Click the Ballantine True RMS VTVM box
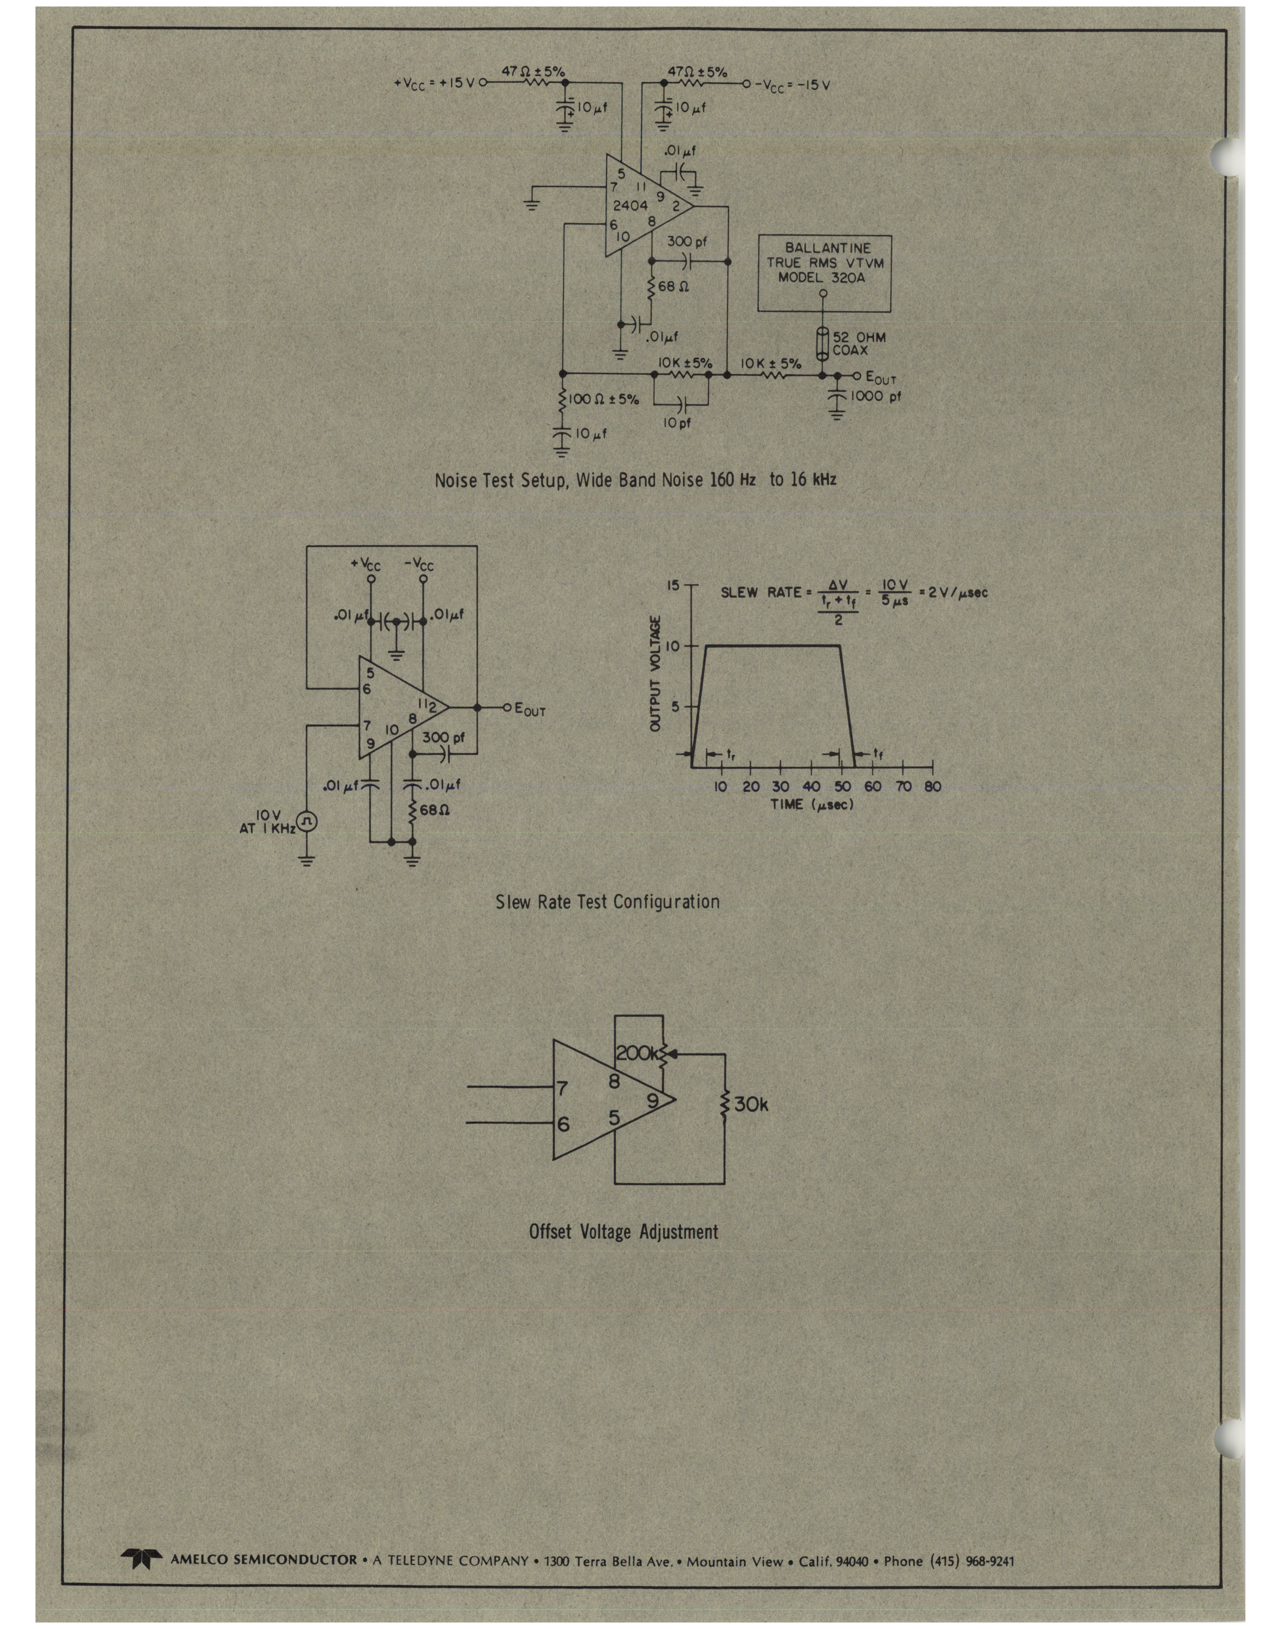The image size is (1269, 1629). [x=824, y=272]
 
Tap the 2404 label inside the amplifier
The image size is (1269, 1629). [x=630, y=206]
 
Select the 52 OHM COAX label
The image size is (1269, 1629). [x=858, y=344]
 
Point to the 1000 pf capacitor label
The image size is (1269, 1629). [x=877, y=396]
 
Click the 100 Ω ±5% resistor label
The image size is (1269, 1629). [x=604, y=400]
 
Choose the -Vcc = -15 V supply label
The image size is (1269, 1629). [x=792, y=85]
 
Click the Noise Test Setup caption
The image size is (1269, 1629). [x=635, y=480]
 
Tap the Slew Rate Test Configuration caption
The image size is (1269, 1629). [x=608, y=902]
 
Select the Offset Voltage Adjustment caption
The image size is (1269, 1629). [x=624, y=1231]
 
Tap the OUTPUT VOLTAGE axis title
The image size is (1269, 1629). [x=656, y=674]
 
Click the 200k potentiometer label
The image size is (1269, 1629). [x=636, y=1053]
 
